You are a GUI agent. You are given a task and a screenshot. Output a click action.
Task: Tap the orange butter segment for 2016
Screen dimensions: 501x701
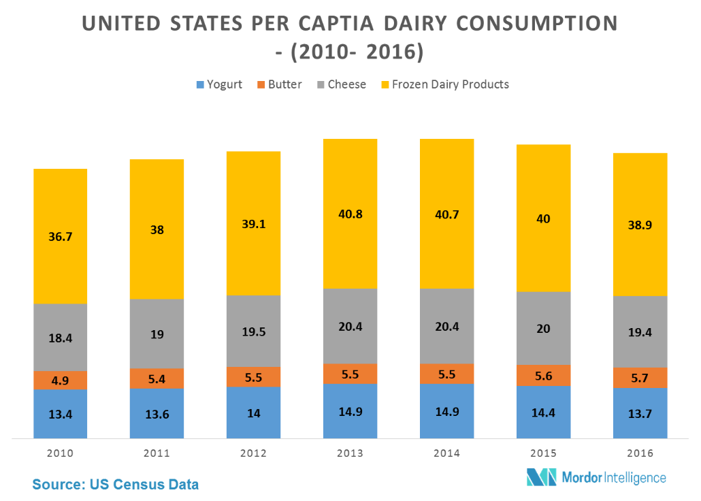click(x=640, y=377)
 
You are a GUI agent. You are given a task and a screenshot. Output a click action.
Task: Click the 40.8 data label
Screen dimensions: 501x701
click(x=350, y=213)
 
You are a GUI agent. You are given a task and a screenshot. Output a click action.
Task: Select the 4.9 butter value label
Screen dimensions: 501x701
click(x=61, y=381)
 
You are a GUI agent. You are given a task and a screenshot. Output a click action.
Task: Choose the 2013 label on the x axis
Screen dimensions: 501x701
click(x=350, y=453)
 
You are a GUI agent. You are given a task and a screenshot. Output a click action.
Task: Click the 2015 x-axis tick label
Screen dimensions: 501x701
click(x=543, y=453)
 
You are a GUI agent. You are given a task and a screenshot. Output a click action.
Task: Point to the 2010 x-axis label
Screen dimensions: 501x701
click(x=61, y=453)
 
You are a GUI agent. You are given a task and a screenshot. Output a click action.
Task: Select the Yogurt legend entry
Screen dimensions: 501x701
click(x=218, y=84)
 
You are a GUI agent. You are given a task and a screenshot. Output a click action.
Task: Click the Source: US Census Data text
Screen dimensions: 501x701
click(x=116, y=485)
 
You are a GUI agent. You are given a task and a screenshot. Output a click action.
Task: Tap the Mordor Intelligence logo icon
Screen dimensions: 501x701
click(x=541, y=477)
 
